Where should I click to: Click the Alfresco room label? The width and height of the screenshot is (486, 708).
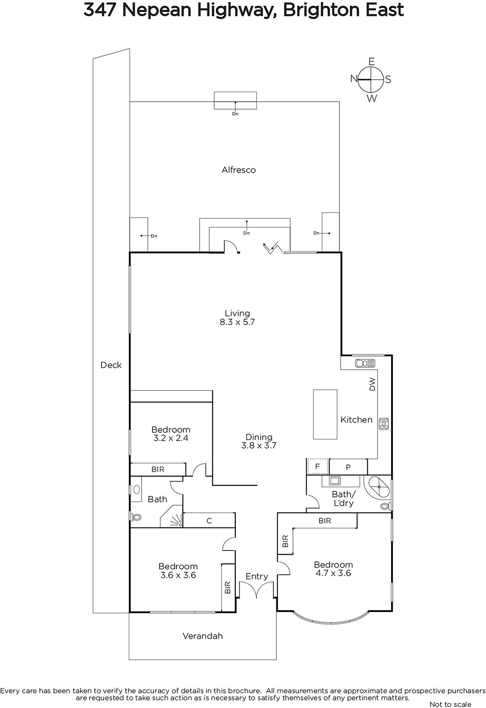[239, 170]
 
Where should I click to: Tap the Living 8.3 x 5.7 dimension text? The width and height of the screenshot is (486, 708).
[237, 322]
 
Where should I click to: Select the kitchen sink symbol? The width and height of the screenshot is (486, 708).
[365, 363]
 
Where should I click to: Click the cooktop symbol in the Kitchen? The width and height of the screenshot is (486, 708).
[384, 423]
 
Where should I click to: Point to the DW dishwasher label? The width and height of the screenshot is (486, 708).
[372, 384]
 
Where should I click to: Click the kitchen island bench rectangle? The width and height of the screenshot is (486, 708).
[325, 414]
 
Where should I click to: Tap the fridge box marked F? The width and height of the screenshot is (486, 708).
[318, 467]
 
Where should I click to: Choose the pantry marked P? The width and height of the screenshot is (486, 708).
[348, 467]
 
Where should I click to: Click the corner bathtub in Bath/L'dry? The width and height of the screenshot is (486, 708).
[377, 488]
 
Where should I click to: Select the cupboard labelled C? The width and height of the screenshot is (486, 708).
[209, 520]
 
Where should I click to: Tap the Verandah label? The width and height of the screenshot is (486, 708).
[202, 636]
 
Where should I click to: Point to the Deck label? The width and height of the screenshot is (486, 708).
[111, 365]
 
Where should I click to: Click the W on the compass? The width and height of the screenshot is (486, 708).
[372, 98]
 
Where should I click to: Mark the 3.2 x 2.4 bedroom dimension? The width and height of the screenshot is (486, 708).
[171, 438]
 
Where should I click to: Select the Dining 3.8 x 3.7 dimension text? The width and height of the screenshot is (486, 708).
[259, 446]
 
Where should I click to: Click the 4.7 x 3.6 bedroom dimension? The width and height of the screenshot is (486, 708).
[334, 573]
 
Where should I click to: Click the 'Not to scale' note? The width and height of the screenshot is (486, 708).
[450, 704]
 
